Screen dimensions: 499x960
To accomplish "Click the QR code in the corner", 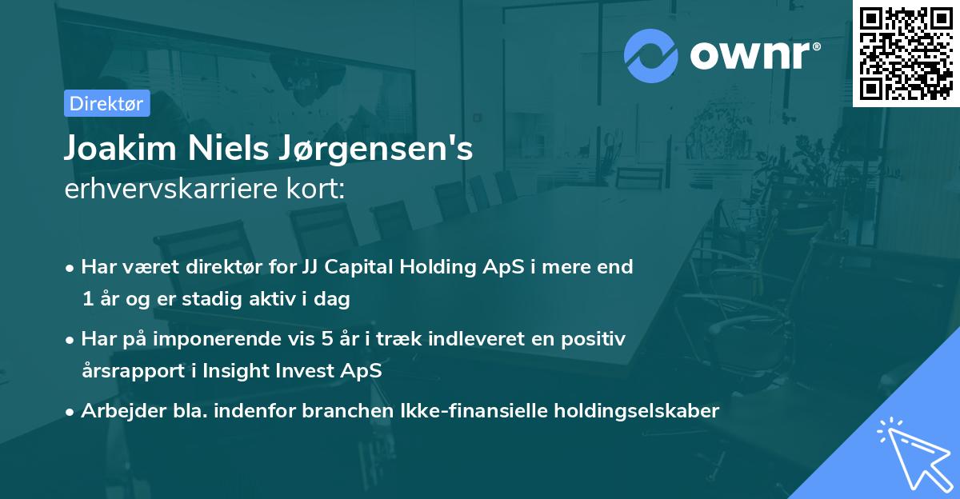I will [x=906, y=53].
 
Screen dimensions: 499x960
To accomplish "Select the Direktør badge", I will [x=106, y=103].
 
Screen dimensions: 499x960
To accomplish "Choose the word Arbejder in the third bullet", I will [x=117, y=411].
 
